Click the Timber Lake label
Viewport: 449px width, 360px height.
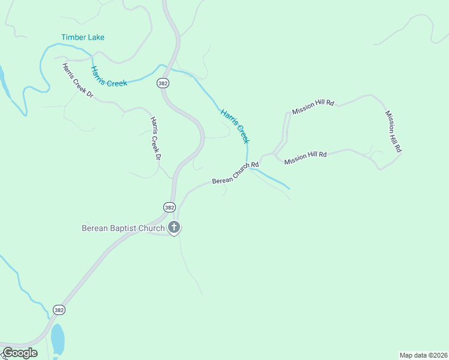coord(83,37)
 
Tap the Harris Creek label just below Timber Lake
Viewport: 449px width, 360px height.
coord(109,76)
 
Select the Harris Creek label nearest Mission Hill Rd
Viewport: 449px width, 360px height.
coord(234,125)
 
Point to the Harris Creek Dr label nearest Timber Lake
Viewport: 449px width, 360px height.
coord(78,80)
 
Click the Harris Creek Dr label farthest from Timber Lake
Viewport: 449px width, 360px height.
coord(156,139)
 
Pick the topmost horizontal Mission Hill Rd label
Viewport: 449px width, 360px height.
coord(313,107)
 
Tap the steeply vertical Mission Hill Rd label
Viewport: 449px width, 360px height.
coord(393,131)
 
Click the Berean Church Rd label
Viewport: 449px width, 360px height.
coord(235,172)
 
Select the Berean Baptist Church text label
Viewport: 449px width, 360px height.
coord(123,228)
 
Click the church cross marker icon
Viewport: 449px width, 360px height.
coord(174,227)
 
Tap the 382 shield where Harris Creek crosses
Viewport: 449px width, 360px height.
coord(163,83)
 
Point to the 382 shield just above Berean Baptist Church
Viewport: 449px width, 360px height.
coord(169,207)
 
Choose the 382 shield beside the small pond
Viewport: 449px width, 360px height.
coord(58,310)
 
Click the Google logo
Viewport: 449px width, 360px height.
coord(20,353)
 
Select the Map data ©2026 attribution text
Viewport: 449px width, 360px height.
coord(423,355)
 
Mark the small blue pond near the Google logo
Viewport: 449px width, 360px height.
coord(58,340)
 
